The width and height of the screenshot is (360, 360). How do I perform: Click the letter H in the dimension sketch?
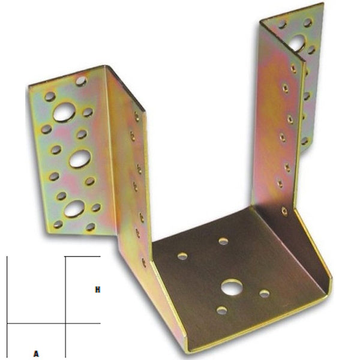97,290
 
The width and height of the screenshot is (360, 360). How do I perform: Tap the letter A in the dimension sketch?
36,353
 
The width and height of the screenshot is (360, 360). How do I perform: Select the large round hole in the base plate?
229,287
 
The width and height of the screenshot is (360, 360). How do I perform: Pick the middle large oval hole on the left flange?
80,158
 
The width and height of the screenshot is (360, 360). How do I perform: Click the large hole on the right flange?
296,43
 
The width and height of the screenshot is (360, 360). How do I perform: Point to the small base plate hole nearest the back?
223,241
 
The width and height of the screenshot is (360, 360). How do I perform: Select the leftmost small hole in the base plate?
182,256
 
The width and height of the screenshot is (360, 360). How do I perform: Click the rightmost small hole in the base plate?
264,293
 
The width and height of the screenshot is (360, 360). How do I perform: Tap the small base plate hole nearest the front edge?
221,310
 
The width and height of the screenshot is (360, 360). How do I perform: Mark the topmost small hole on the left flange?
80,80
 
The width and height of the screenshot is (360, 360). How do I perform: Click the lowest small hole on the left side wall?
143,262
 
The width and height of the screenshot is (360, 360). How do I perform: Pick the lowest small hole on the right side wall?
284,211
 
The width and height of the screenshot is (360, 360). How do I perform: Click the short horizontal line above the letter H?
82,257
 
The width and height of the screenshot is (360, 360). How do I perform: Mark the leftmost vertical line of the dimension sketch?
7,306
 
